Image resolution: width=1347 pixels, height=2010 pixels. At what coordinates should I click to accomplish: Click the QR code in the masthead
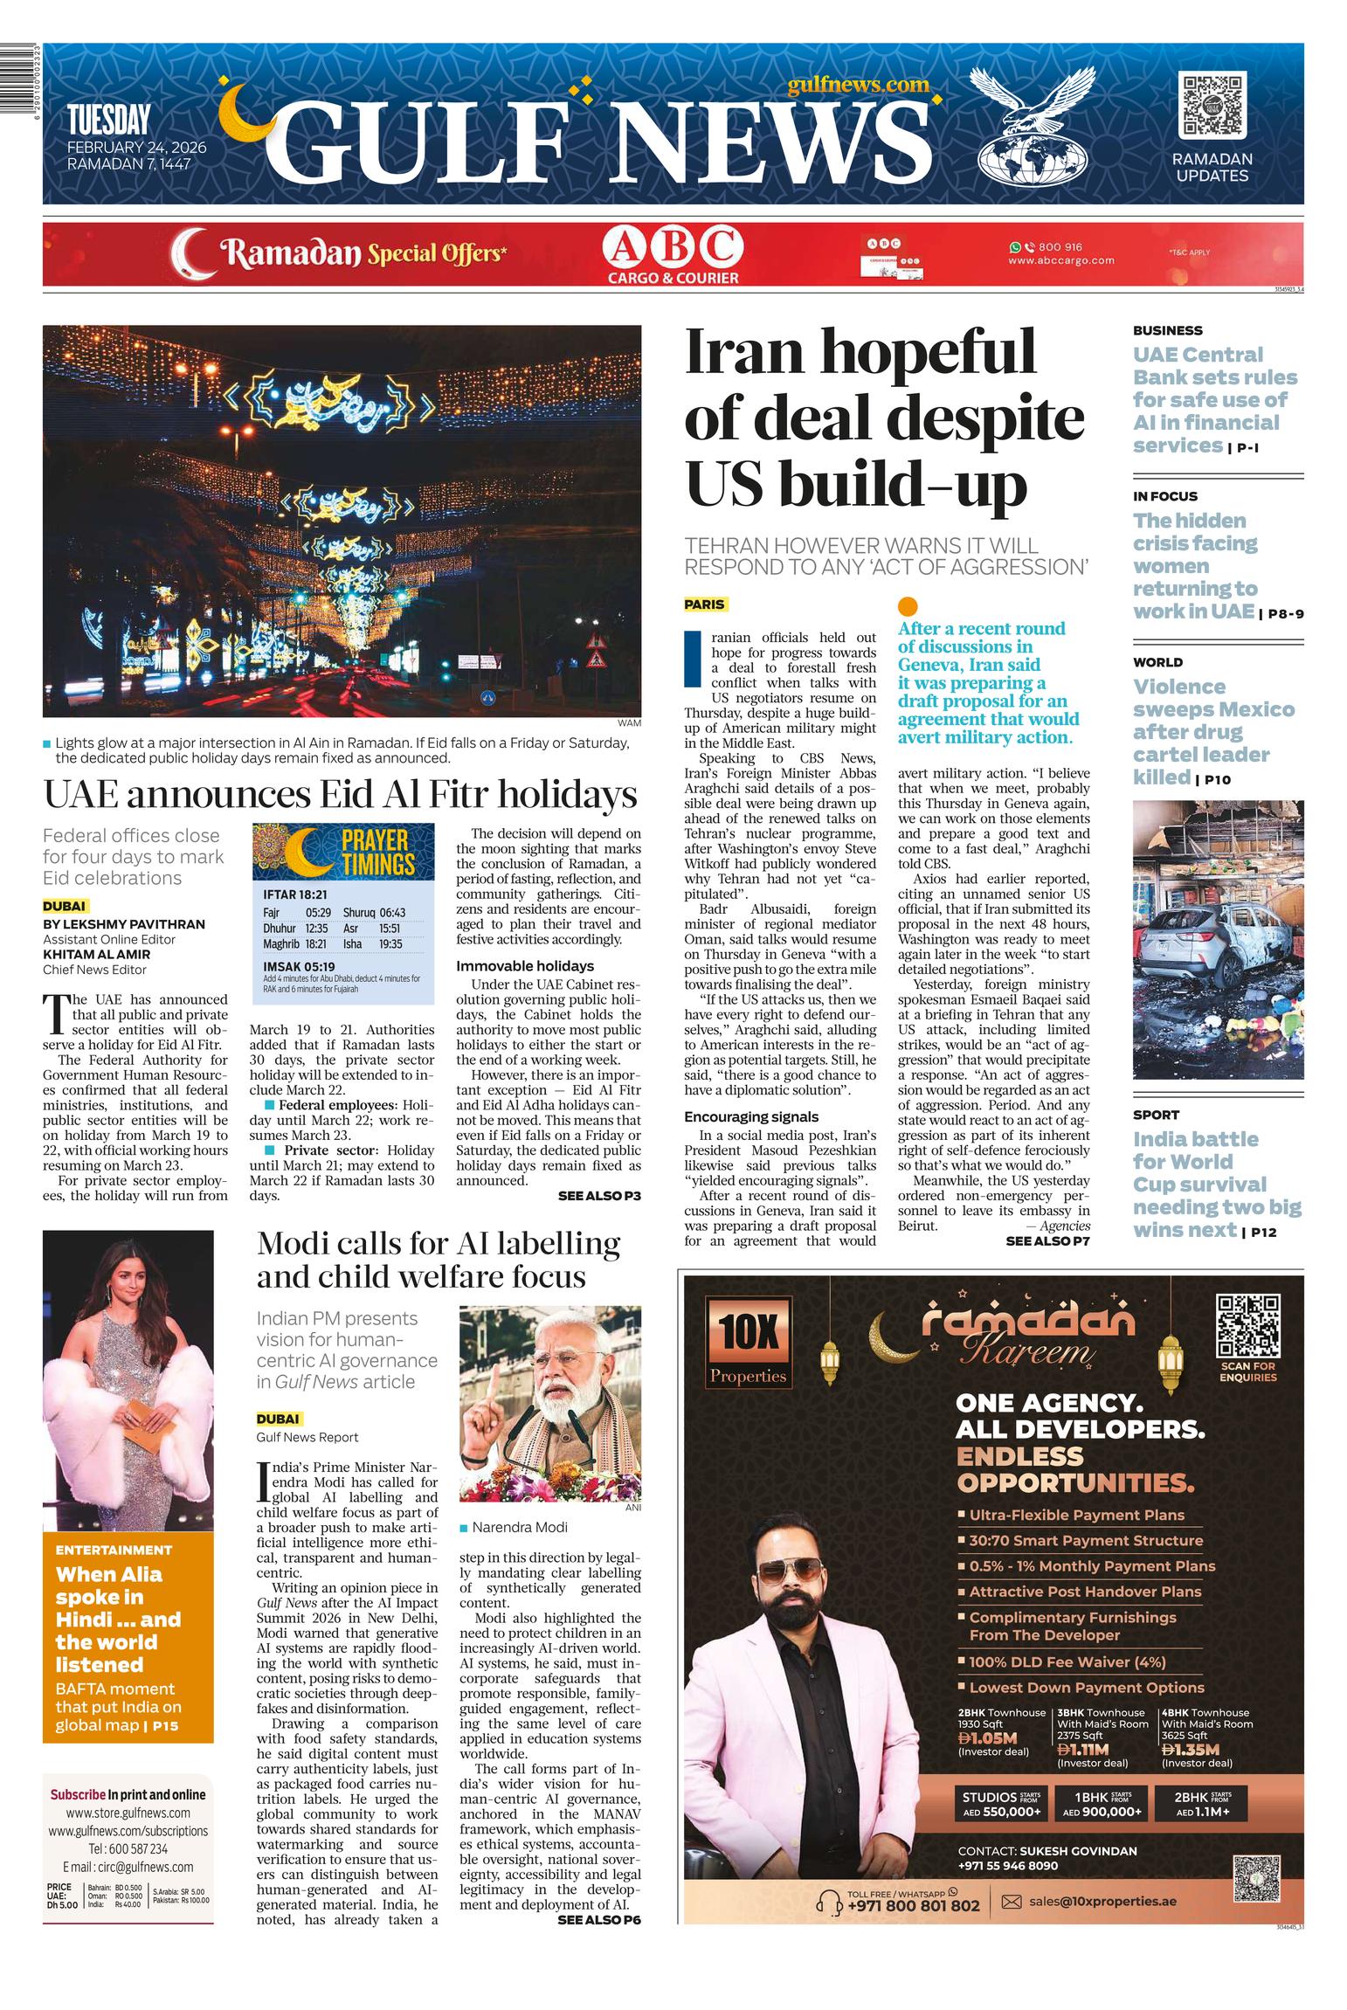point(1212,106)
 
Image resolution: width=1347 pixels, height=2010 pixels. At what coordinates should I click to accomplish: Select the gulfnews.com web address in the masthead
point(857,84)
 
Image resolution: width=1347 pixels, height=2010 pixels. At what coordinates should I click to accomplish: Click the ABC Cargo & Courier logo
point(673,254)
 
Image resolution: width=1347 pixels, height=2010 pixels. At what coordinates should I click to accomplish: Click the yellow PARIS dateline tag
point(705,604)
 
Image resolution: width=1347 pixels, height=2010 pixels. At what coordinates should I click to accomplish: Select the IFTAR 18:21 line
point(295,894)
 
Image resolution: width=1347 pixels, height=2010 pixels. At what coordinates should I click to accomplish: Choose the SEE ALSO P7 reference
point(1047,1240)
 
